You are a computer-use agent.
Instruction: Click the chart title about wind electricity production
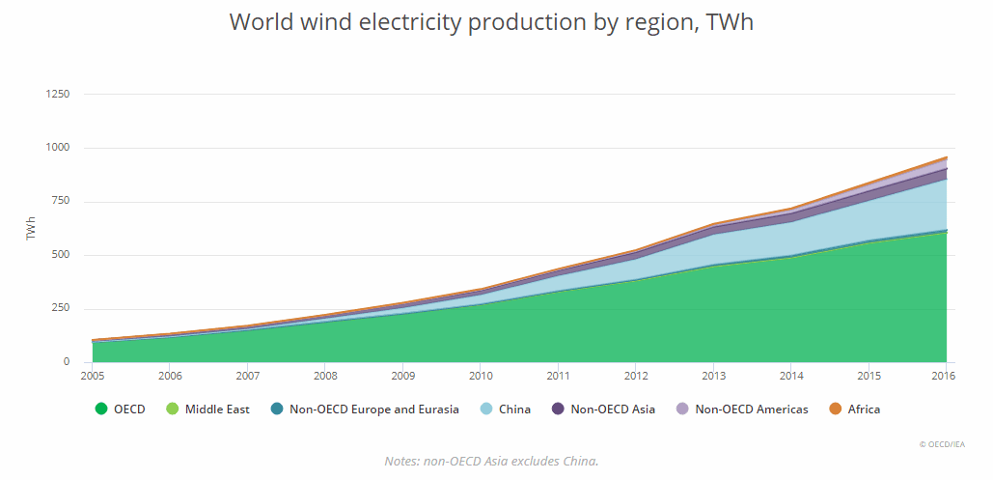[491, 22]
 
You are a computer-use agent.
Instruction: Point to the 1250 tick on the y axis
[58, 95]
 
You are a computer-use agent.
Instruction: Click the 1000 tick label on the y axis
[58, 148]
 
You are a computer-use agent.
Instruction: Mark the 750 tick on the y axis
[61, 202]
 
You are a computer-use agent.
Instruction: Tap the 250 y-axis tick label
[61, 309]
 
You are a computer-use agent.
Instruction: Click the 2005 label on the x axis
[92, 376]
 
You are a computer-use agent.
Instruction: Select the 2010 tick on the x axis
[481, 376]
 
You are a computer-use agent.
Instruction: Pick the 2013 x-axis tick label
[714, 376]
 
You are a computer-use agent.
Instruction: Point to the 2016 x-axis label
[943, 376]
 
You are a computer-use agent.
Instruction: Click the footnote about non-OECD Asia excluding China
[491, 461]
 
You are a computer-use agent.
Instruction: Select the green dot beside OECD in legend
[101, 409]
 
